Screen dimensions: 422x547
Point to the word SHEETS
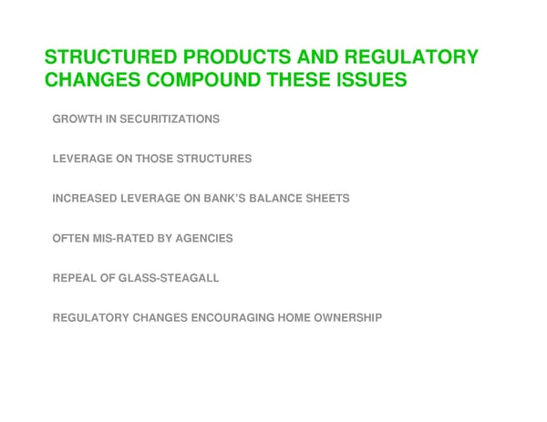pos(329,198)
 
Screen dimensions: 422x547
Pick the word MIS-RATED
pos(124,238)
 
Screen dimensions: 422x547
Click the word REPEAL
pos(74,277)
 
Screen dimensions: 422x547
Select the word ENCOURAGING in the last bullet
pos(239,317)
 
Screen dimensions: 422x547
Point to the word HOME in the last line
pos(294,317)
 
